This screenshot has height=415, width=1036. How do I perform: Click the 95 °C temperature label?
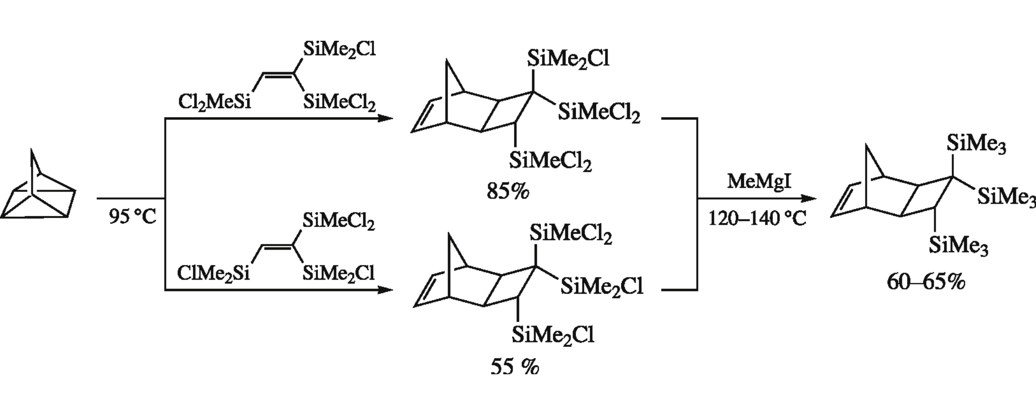132,217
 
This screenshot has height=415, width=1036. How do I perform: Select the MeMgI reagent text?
759,181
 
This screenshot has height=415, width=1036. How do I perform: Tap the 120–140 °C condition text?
757,218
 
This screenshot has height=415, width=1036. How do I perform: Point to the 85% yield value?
508,192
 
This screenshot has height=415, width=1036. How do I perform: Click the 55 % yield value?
514,367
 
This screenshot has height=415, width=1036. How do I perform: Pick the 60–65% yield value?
926,282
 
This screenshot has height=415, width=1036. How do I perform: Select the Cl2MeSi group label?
214,102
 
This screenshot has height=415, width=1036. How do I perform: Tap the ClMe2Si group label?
213,273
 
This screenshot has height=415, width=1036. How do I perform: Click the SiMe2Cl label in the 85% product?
568,59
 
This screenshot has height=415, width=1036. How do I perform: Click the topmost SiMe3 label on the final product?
976,143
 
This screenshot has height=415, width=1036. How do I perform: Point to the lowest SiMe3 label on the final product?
958,245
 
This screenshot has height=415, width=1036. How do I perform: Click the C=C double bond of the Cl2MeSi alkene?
278,73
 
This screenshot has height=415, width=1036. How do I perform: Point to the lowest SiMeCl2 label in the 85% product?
550,161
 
